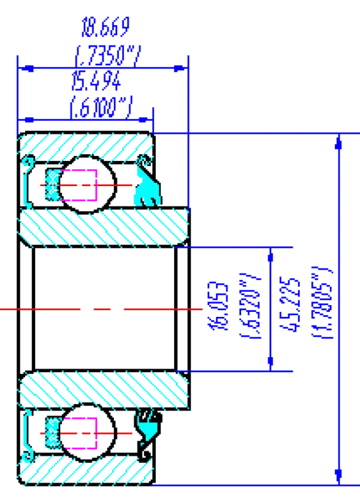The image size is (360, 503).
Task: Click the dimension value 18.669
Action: (x=106, y=27)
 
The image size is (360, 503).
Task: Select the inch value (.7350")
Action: (x=107, y=56)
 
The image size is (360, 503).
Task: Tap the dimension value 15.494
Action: (x=96, y=81)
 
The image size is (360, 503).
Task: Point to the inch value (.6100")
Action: (x=101, y=108)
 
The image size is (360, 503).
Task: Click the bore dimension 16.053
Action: (x=218, y=306)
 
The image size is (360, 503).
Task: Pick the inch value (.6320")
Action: (x=250, y=306)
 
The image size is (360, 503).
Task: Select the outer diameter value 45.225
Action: (x=290, y=304)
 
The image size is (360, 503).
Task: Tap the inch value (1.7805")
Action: (x=322, y=302)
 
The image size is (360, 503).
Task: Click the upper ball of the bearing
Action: (x=87, y=184)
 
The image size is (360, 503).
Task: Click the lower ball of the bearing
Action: (x=87, y=433)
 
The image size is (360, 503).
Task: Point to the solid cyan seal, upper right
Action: (x=147, y=187)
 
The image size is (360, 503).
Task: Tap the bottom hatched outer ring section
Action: (x=85, y=469)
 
